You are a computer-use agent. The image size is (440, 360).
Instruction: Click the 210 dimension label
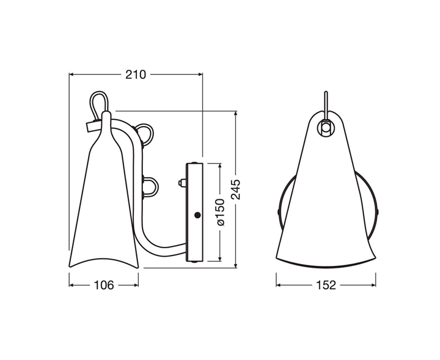pos(136,75)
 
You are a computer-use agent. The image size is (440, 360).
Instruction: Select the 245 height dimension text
pos(236,189)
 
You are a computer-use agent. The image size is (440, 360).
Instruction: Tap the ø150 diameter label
pos(220,212)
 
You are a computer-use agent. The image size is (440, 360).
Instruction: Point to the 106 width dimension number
pos(104,285)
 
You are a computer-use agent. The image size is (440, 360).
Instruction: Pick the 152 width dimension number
pos(326,285)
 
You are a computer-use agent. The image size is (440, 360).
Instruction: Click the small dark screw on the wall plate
pos(197,215)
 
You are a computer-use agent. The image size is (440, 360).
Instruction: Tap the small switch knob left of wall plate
pos(182,183)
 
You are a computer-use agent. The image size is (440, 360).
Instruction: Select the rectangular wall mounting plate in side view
pos(194,213)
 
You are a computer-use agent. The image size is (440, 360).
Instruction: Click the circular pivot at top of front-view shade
pos(326,127)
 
